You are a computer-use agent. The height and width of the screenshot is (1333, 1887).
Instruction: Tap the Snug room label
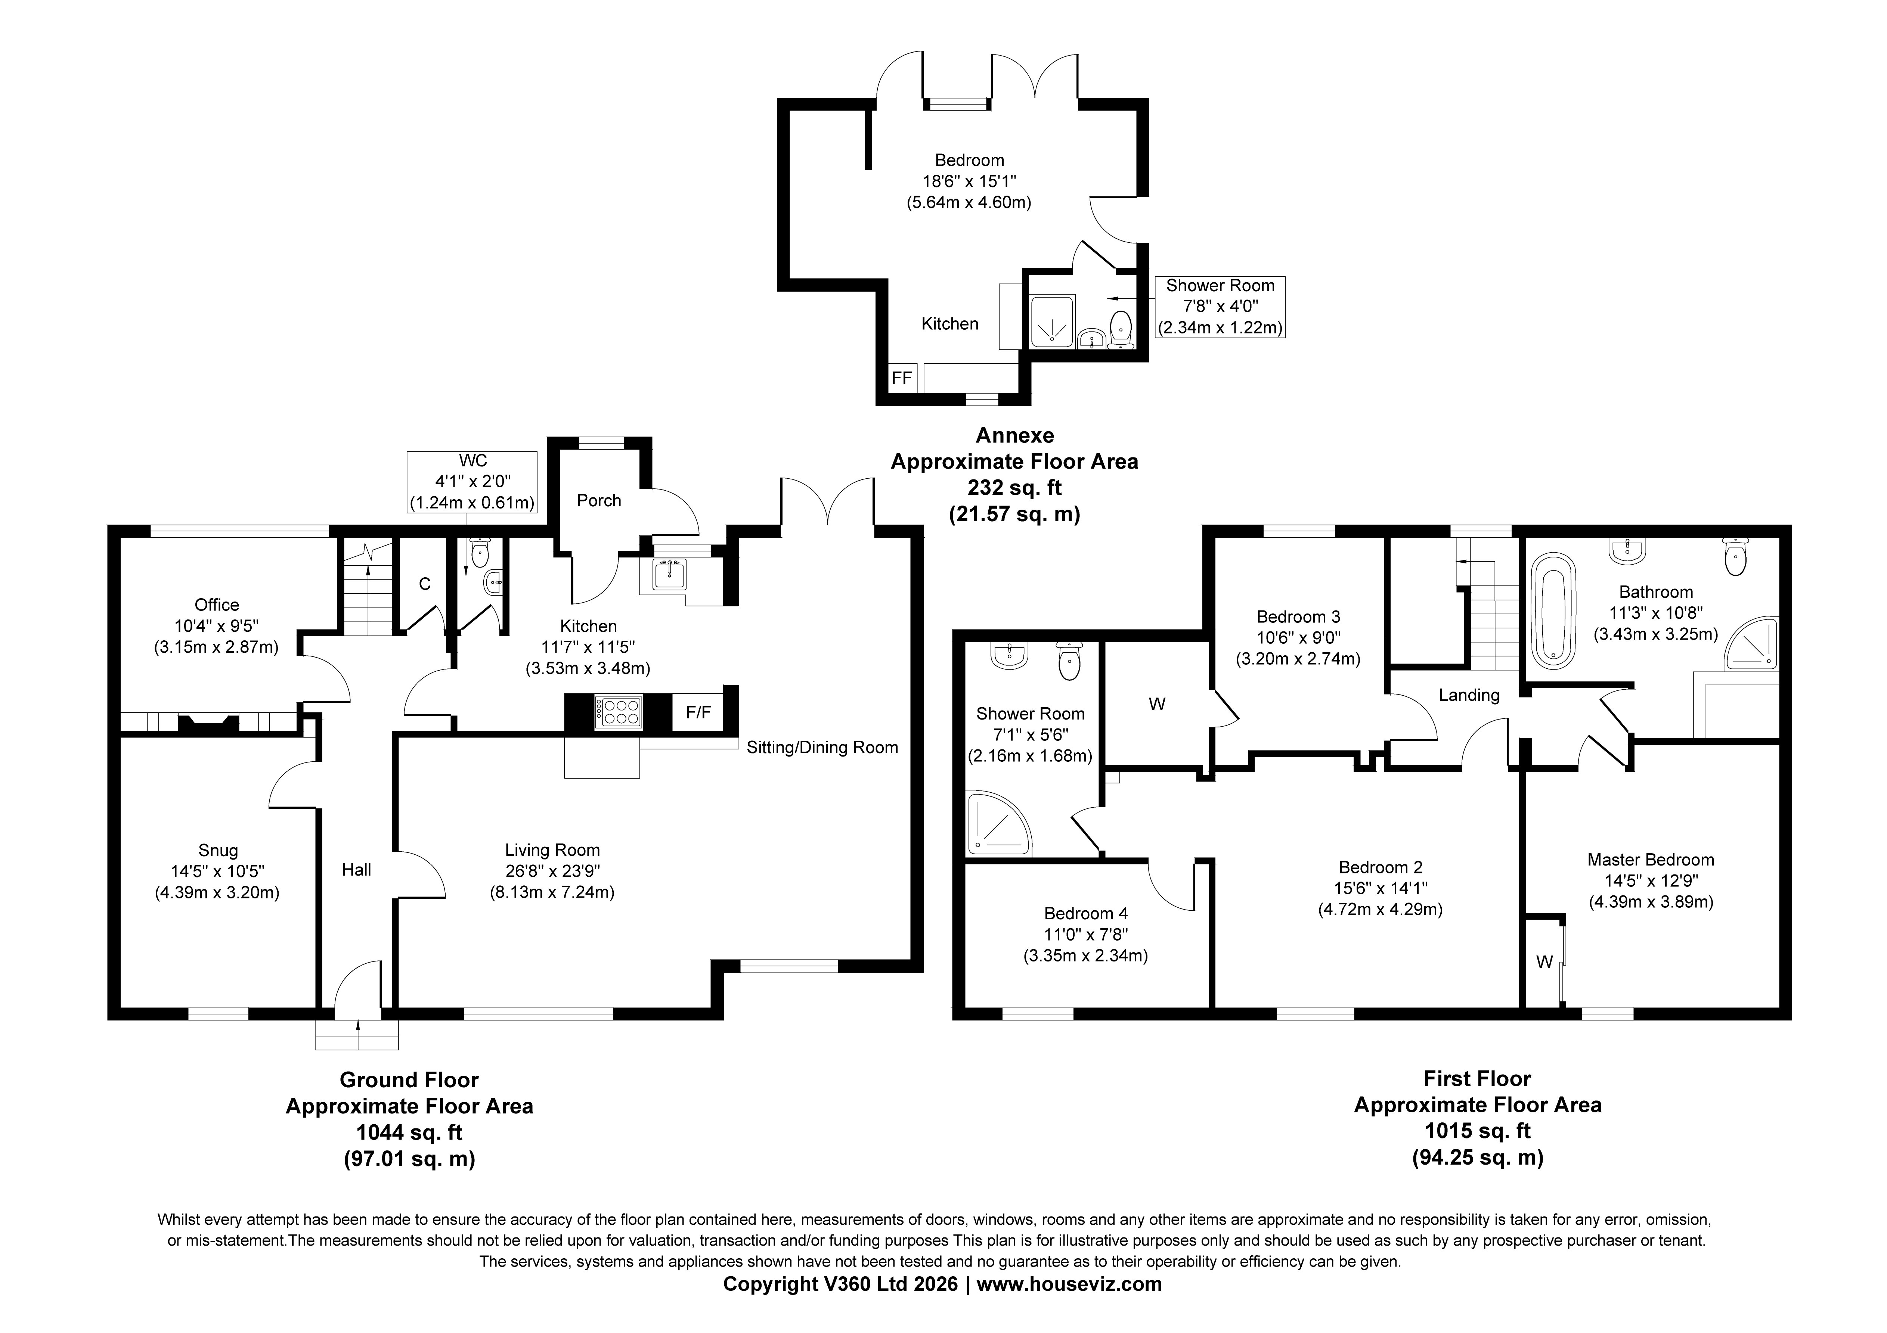[218, 851]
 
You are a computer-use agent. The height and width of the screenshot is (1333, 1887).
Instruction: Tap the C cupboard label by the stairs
[425, 584]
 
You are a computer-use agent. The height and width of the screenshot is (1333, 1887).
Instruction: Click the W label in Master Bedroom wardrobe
[1544, 961]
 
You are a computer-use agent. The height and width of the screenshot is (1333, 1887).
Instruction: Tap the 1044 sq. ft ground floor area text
[409, 1132]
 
